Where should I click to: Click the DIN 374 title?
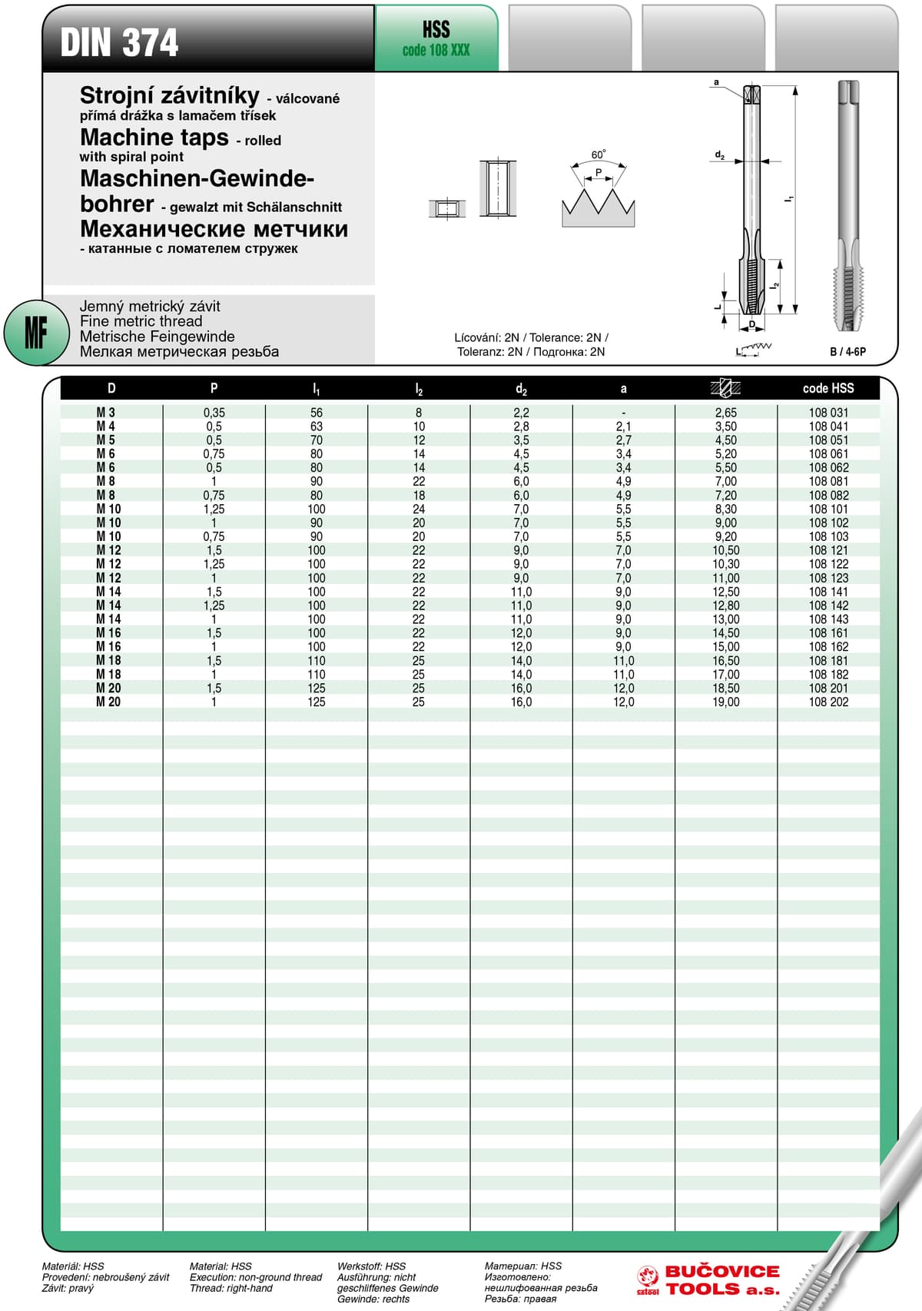(119, 42)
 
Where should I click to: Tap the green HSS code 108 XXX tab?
(436, 39)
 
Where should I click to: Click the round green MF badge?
(35, 333)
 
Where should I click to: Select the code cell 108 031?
(828, 413)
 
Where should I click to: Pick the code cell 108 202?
(828, 702)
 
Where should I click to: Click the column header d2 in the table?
(521, 389)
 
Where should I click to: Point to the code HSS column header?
(827, 388)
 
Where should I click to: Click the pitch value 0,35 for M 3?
(214, 413)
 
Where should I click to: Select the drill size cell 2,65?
(725, 413)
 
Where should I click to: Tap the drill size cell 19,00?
(725, 702)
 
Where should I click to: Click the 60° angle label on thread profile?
(598, 155)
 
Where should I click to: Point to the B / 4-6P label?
(847, 351)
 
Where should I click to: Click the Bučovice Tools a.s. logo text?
(721, 1280)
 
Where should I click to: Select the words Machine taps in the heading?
(154, 138)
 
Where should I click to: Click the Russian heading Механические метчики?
(214, 229)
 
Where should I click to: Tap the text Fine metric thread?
(141, 321)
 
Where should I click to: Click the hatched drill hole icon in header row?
(725, 387)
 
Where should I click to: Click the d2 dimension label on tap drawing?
(719, 155)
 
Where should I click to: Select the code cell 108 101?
(828, 509)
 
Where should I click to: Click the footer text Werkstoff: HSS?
(371, 1266)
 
